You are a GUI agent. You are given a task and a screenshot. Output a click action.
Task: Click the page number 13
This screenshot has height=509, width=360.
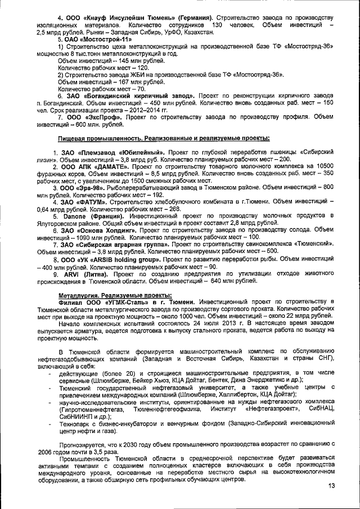pos(331,485)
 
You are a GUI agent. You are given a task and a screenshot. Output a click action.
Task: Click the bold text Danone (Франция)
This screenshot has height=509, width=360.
pos(93,215)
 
